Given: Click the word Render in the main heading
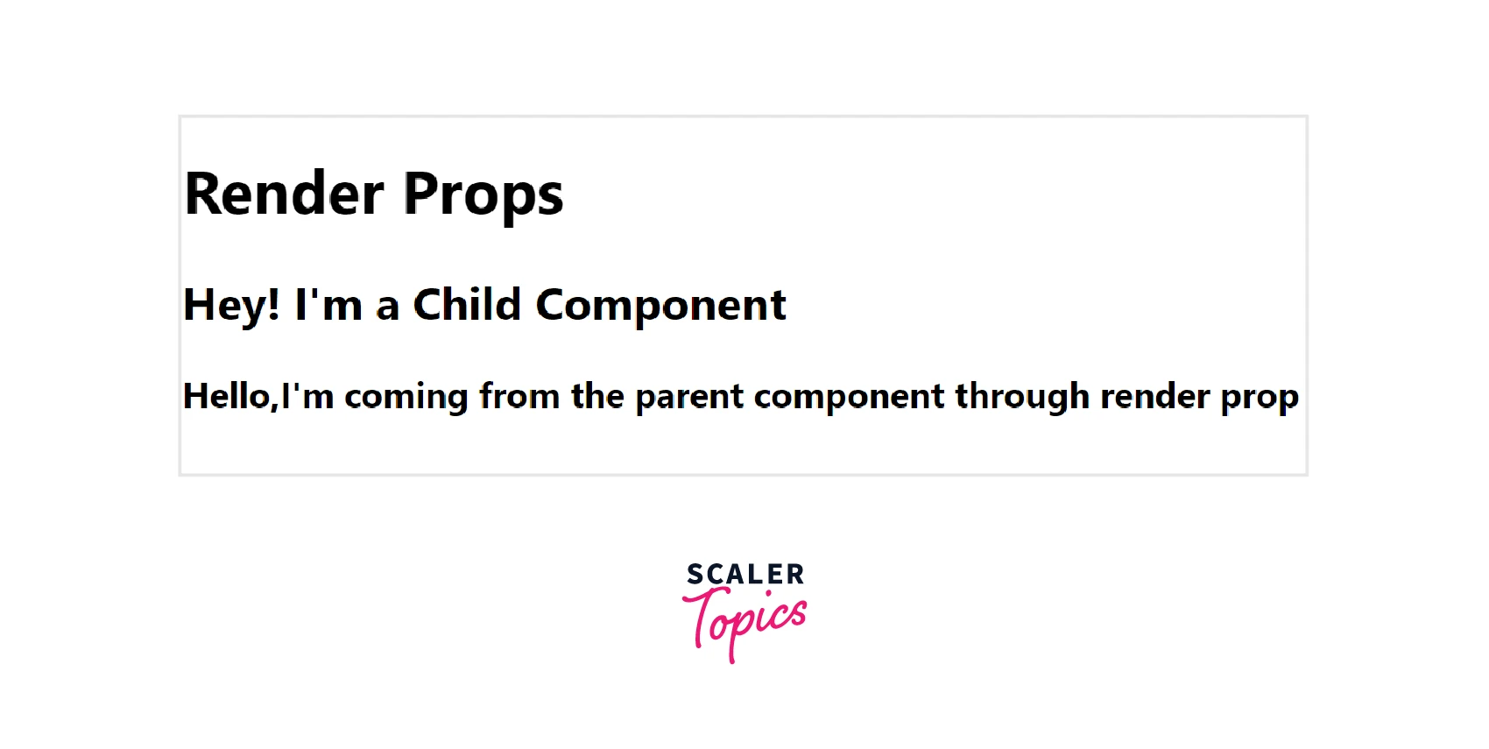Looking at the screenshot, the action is [x=284, y=194].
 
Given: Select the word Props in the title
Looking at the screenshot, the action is [x=483, y=197].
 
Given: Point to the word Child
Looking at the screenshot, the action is [x=467, y=304].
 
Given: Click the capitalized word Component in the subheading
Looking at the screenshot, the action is [x=660, y=307].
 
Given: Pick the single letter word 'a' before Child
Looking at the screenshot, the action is [x=387, y=309].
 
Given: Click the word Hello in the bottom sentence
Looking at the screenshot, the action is [x=226, y=396].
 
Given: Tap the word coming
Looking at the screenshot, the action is [x=406, y=399].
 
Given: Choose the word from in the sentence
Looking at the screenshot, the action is [x=519, y=396].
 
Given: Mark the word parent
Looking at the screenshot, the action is [x=689, y=399].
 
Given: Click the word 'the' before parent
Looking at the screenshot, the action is [x=597, y=396].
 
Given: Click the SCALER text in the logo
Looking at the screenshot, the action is [x=745, y=575].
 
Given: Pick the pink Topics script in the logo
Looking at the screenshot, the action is [x=744, y=624].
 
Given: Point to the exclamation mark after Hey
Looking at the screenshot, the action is [x=272, y=304].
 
